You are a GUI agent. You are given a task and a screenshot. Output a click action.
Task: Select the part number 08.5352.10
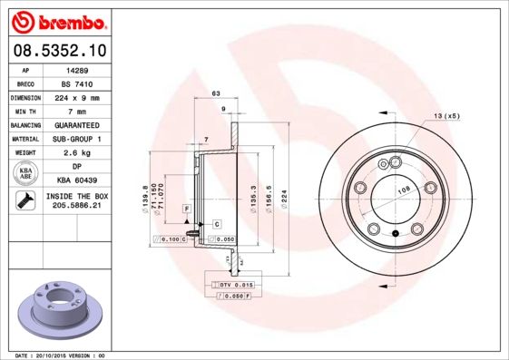(x=59, y=51)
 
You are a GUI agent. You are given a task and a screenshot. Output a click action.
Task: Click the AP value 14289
(x=74, y=68)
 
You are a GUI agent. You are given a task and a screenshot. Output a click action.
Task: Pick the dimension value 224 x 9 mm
(x=74, y=96)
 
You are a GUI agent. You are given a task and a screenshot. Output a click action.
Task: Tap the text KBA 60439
(x=74, y=180)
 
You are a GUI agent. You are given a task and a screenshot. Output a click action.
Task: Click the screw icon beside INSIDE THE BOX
(x=24, y=201)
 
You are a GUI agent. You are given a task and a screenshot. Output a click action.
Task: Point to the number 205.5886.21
(x=74, y=207)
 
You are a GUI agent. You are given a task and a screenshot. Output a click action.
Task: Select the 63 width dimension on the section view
(x=215, y=93)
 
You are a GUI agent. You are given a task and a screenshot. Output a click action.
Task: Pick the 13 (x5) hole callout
(x=446, y=116)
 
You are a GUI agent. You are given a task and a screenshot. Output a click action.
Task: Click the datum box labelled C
(x=218, y=223)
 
